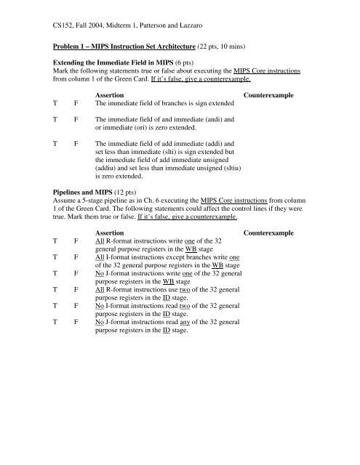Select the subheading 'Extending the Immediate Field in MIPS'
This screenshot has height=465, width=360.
tap(116, 62)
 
